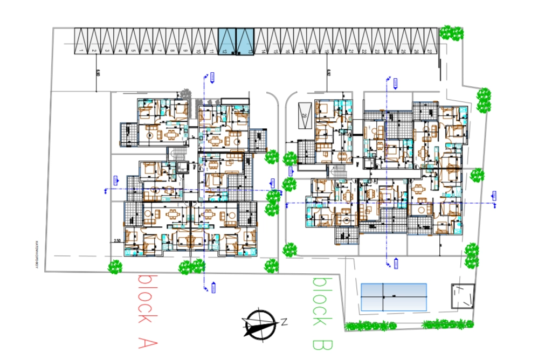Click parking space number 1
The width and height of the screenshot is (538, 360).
tap(80, 41)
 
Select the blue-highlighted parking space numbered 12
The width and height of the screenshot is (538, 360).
tap(226, 41)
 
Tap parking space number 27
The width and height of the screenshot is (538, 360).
tap(430, 41)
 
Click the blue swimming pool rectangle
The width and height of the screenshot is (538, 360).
tap(394, 296)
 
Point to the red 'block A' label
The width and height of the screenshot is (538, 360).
tap(147, 311)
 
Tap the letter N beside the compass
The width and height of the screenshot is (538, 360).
tap(284, 322)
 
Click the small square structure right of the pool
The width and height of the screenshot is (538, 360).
tap(463, 296)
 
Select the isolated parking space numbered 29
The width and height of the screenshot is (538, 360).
tap(304, 114)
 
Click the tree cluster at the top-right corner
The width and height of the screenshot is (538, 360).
tap(451, 32)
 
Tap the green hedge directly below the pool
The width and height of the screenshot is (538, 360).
tap(371, 326)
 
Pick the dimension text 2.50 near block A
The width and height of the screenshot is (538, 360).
tap(116, 241)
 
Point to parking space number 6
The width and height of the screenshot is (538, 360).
tap(146, 41)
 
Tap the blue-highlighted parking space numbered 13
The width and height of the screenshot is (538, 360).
tap(245, 41)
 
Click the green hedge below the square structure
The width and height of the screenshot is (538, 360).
tap(449, 324)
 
